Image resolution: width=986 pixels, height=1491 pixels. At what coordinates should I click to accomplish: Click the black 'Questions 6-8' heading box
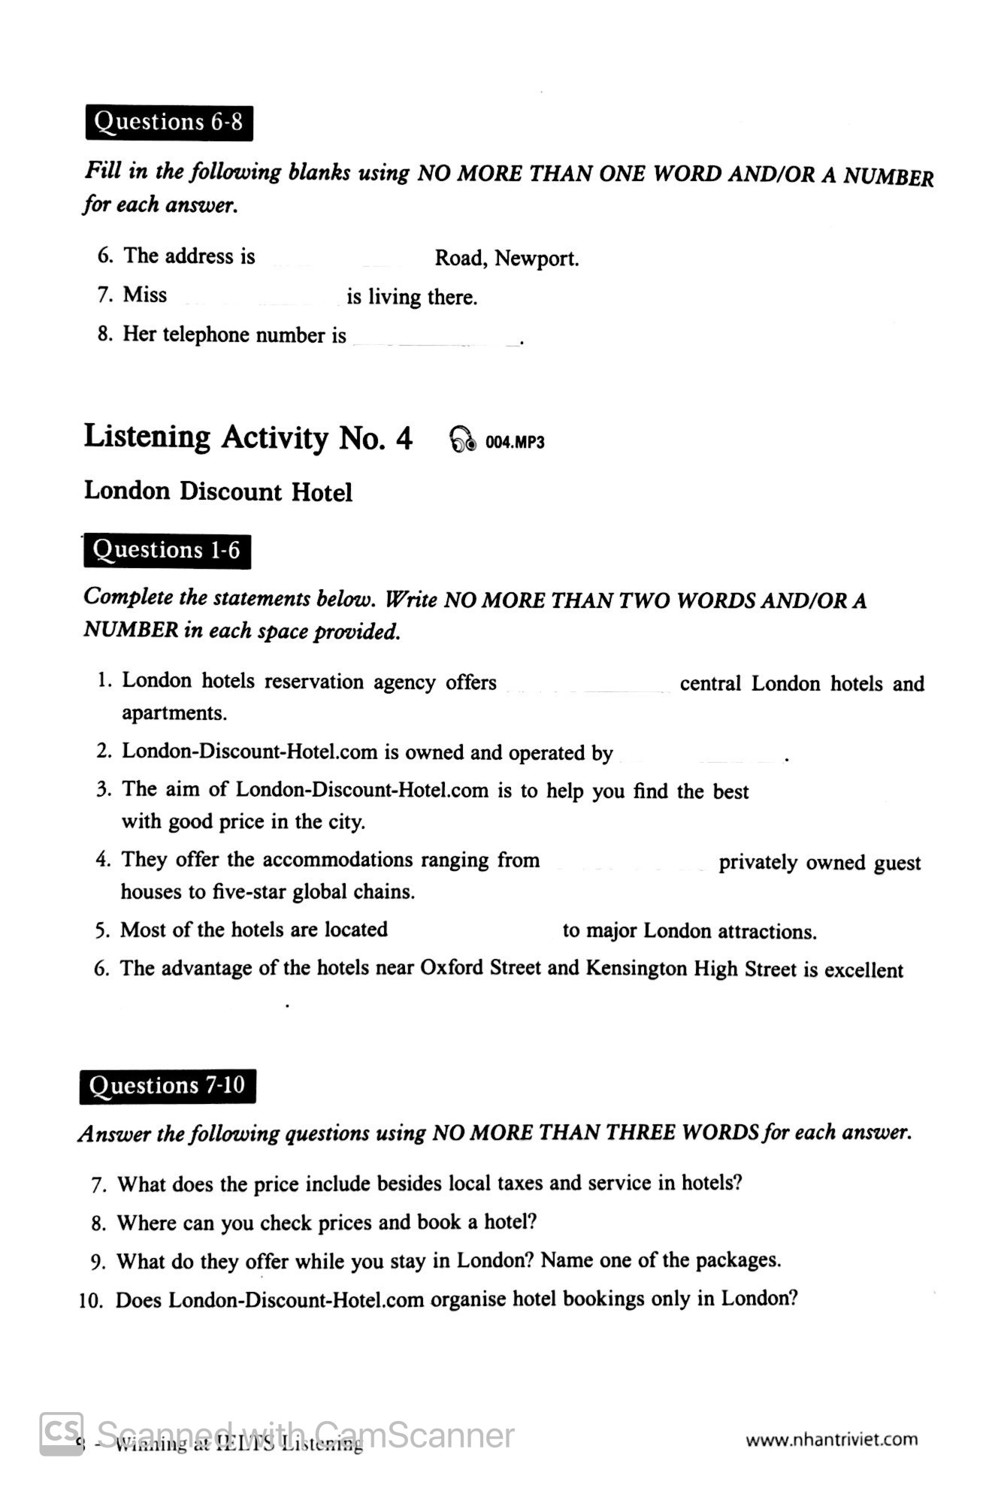(x=169, y=122)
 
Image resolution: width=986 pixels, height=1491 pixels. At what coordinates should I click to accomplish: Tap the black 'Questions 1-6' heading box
(x=166, y=551)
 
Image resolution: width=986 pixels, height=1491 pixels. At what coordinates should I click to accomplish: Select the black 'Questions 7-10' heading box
(x=167, y=1086)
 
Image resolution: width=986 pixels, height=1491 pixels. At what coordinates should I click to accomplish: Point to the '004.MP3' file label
(x=515, y=442)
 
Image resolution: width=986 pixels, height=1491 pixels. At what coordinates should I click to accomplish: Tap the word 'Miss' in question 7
(x=145, y=295)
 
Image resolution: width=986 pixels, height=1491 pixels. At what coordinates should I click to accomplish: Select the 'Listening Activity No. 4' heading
(x=248, y=437)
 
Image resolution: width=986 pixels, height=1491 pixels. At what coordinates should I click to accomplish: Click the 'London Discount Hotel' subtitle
(x=218, y=491)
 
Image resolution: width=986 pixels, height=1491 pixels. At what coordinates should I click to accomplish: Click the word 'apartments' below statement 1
(x=174, y=713)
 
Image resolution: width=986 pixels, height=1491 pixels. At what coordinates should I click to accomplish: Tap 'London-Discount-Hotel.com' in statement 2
(x=250, y=752)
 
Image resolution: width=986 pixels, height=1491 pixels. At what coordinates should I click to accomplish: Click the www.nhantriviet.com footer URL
(x=831, y=1439)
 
